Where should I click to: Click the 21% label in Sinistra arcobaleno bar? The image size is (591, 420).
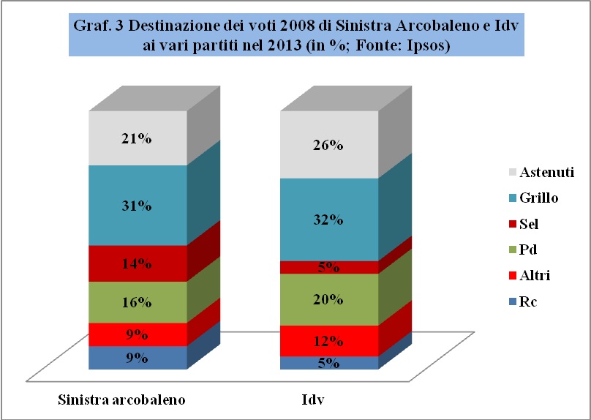coord(137,139)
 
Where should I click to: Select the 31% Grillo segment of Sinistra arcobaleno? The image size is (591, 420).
coord(137,206)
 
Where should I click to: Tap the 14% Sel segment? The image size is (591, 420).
coord(137,263)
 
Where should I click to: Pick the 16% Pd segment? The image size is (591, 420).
coord(137,302)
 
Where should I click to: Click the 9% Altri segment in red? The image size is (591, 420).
coord(137,334)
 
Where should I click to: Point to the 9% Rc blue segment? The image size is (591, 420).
coord(137,358)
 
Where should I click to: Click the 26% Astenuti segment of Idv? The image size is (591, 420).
coord(330,145)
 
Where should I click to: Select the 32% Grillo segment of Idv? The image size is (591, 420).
coord(330,220)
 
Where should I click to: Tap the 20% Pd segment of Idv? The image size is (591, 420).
coord(330,299)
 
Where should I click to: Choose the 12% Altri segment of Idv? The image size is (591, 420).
coord(330,341)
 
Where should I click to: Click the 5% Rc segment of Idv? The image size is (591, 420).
coord(330,363)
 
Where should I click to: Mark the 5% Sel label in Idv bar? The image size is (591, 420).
coord(330,268)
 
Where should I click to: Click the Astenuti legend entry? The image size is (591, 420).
coord(539,173)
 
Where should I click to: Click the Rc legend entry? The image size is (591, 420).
coord(526,301)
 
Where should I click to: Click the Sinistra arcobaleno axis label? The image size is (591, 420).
coord(121,400)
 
